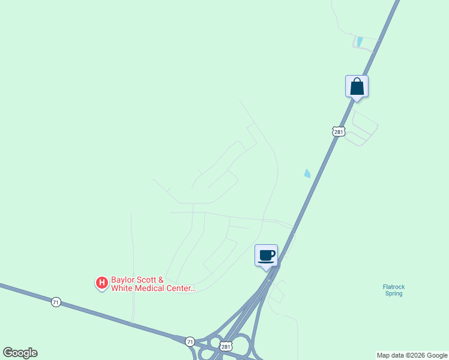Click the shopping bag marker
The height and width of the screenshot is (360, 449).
357,86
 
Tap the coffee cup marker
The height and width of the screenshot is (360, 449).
267,256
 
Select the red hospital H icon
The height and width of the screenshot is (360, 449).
102,281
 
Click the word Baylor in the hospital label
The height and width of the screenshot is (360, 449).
123,280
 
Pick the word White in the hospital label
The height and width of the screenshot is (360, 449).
123,289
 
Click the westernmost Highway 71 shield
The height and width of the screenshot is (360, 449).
56,302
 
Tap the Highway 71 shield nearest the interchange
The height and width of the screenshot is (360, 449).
190,341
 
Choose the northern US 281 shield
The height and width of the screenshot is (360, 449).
339,131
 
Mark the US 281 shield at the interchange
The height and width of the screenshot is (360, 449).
226,347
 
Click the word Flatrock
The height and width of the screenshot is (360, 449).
394,287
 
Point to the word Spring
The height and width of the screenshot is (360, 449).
394,294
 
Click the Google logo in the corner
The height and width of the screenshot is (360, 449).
20,353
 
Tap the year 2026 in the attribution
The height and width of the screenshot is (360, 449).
420,356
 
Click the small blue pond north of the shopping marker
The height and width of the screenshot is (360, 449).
360,42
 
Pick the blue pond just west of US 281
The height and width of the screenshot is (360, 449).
308,173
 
